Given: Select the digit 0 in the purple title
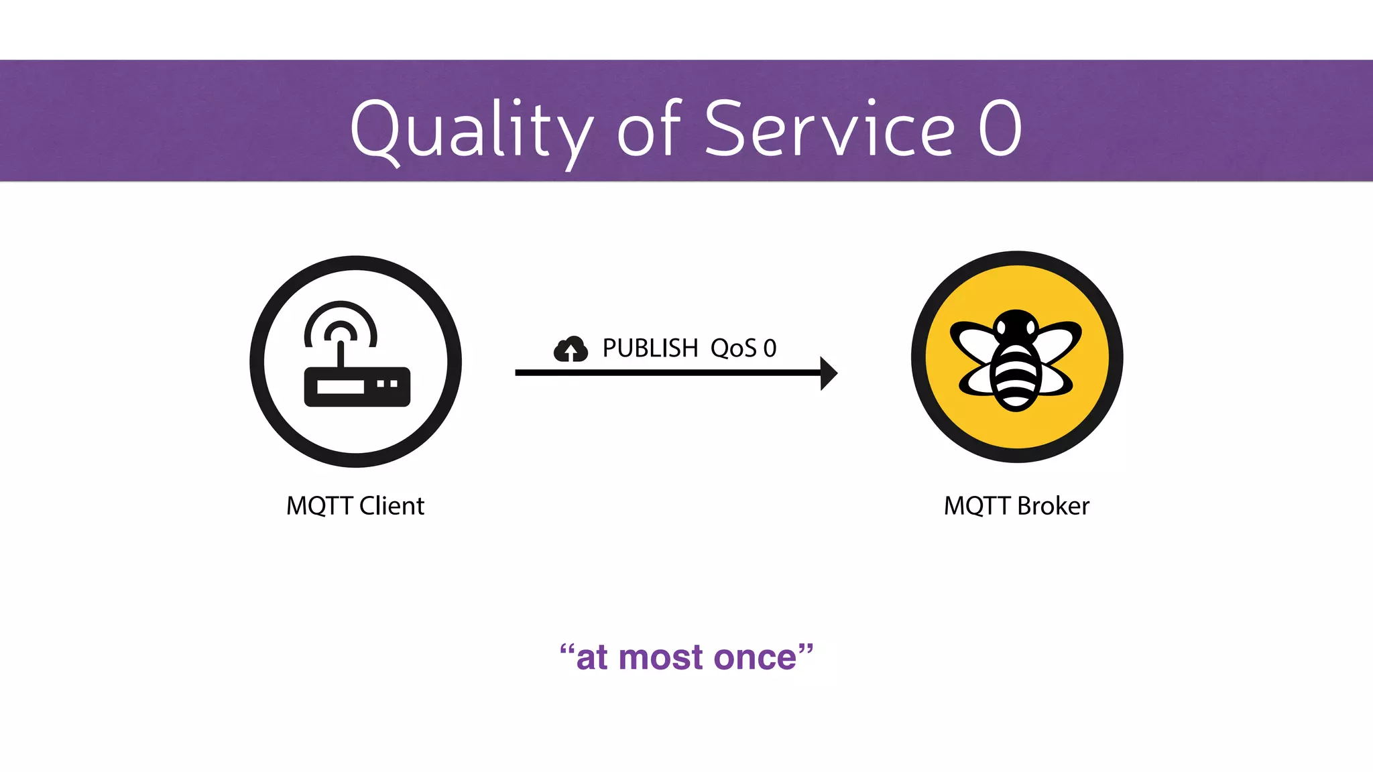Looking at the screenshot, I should [x=1000, y=128].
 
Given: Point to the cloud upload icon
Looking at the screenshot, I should [x=571, y=349].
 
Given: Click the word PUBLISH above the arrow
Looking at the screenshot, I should [x=650, y=348].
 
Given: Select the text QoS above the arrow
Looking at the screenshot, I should [x=733, y=348].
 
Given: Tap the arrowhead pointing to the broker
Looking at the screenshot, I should [x=829, y=373].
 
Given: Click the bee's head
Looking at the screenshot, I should [x=1016, y=325].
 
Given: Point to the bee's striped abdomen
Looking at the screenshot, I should [x=1016, y=379].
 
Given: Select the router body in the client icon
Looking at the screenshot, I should [x=357, y=387].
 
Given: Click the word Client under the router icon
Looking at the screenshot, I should [x=392, y=506].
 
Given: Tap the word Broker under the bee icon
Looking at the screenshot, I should [x=1053, y=506].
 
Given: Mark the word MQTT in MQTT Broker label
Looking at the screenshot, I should [x=977, y=506].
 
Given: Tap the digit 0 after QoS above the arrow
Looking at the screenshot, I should [x=770, y=348].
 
